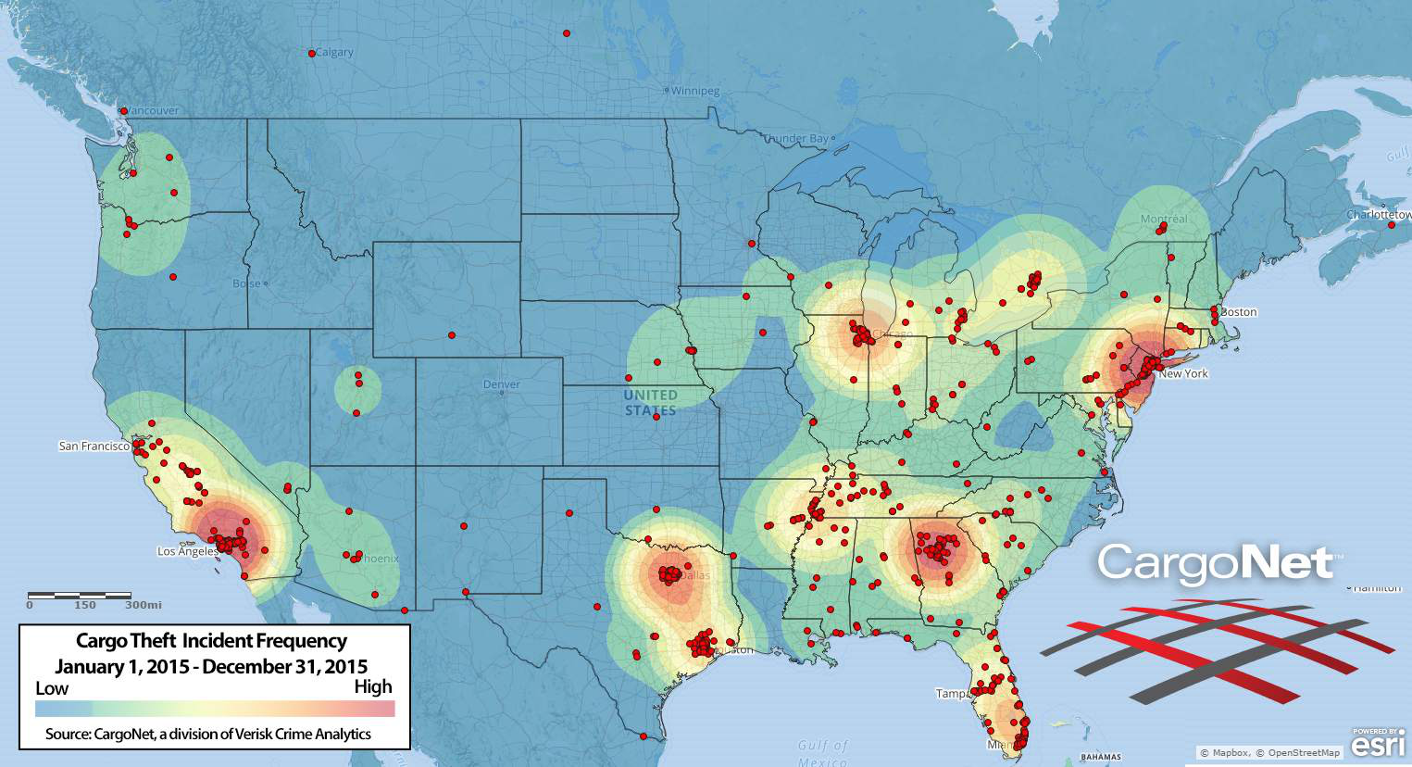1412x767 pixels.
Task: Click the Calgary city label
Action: [x=335, y=53]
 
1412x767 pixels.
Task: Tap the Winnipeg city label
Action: [x=695, y=92]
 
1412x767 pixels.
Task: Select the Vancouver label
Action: [x=153, y=110]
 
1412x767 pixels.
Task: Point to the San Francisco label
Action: [x=94, y=446]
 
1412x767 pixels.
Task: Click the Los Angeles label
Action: [x=187, y=551]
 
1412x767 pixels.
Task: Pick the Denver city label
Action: [x=502, y=384]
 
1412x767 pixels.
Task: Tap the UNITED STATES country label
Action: [x=650, y=403]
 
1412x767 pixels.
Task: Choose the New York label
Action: [x=1183, y=374]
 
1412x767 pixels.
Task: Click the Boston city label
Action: [x=1239, y=312]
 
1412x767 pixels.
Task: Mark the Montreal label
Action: [x=1164, y=220]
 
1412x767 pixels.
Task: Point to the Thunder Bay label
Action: [x=796, y=139]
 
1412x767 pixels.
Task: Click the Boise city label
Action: [x=246, y=283]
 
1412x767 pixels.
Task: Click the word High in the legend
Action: [x=373, y=686]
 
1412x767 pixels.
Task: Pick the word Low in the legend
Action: [x=52, y=688]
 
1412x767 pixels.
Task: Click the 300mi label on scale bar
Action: [x=143, y=605]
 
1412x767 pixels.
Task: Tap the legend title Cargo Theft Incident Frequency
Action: [x=211, y=641]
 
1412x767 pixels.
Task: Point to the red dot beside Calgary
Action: [x=311, y=54]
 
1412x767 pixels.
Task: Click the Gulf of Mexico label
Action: [x=822, y=752]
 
